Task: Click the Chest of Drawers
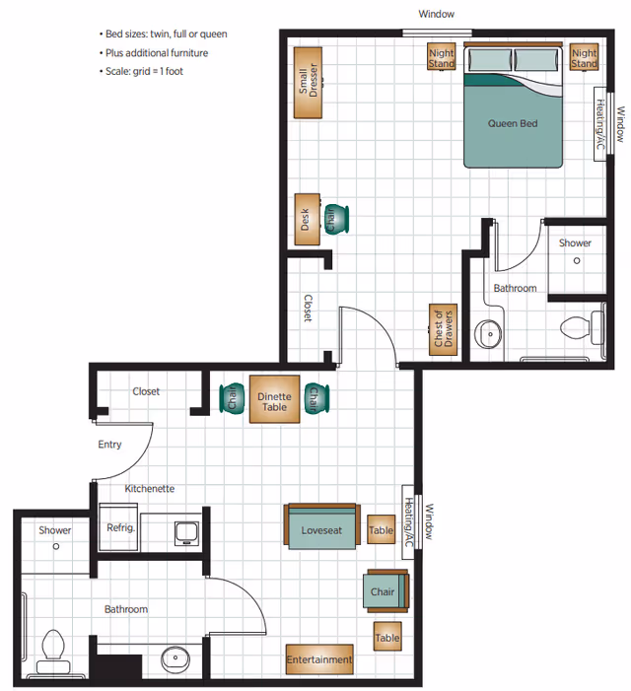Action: (x=442, y=327)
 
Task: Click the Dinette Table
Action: (x=274, y=400)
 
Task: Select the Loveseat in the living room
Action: (x=321, y=530)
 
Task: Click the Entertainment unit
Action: (x=318, y=659)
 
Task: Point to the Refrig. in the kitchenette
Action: (x=119, y=529)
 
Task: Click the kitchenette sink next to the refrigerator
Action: (x=184, y=533)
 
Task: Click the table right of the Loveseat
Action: (x=381, y=530)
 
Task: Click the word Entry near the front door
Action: (x=109, y=445)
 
